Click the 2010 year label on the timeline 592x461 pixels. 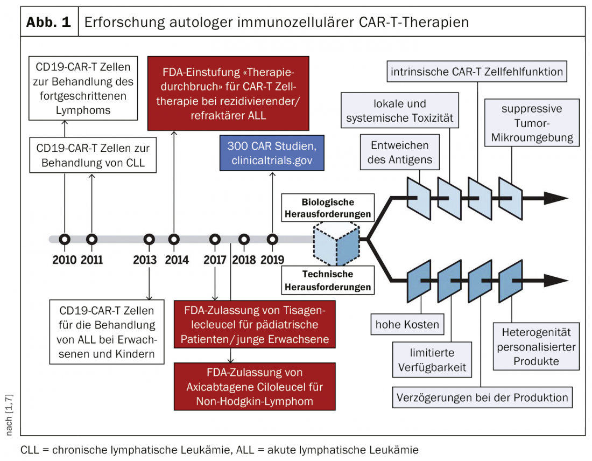tap(65, 260)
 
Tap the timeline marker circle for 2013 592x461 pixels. tap(149, 239)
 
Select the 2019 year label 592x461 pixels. tap(272, 260)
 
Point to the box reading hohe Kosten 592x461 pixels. tap(407, 325)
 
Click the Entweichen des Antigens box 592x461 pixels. tap(399, 152)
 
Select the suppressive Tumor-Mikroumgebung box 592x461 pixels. tap(531, 123)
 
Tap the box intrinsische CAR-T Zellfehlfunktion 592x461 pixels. tap(477, 72)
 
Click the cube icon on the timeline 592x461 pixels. tap(336, 245)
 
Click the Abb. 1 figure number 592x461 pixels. tap(49, 23)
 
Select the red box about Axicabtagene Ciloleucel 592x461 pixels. tap(255, 387)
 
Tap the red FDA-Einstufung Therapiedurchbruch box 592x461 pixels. tap(229, 93)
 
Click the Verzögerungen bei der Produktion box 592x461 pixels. tap(482, 398)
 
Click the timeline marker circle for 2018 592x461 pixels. tap(244, 239)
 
